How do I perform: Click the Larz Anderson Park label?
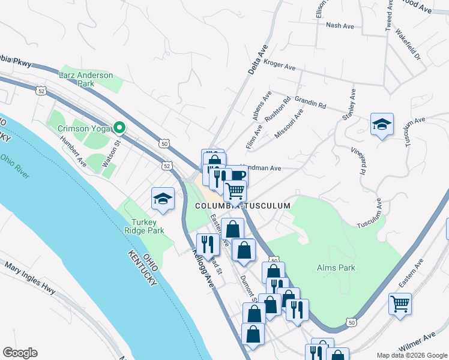point(86,79)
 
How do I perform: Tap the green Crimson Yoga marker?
point(119,128)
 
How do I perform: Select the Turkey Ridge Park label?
point(144,226)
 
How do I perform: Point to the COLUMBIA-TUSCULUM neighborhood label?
point(243,206)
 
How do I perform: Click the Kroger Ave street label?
point(280,65)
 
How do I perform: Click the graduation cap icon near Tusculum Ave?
point(382,125)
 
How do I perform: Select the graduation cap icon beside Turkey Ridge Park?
point(163,199)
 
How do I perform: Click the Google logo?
point(20,353)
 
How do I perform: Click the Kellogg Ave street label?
point(204,269)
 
